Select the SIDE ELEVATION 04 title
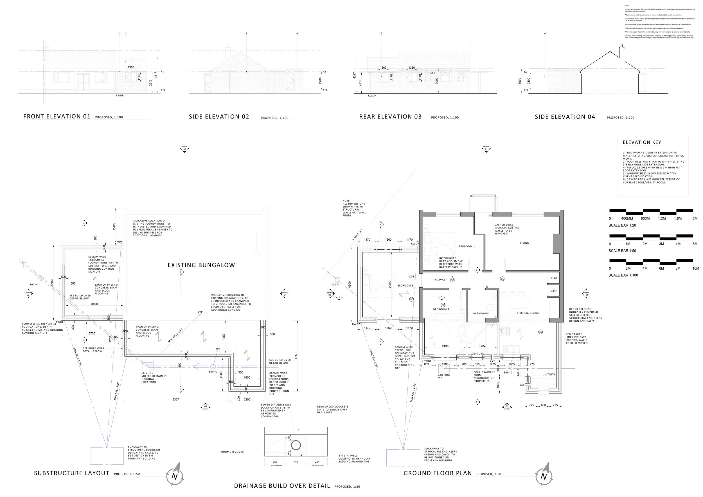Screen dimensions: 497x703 tap(565, 117)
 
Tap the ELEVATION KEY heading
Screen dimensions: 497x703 tap(642, 142)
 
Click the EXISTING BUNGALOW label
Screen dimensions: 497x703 tap(201, 265)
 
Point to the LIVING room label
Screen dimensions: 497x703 tap(524, 243)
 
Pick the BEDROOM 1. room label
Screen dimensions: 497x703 tap(467, 246)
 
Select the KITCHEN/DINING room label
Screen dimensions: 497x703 tap(528, 313)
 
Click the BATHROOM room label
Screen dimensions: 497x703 tap(481, 314)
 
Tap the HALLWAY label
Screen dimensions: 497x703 tap(438, 280)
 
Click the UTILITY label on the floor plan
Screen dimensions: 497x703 tap(550, 374)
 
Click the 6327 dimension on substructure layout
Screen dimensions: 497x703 tap(175, 400)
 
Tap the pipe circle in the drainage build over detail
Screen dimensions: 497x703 tap(296, 445)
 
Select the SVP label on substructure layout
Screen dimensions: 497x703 tap(200, 312)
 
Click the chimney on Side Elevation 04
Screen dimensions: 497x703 tap(621, 51)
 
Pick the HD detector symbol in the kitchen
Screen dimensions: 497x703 tap(540, 332)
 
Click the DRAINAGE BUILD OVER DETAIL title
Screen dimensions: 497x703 tap(282, 486)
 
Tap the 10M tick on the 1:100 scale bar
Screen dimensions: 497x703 tap(695, 268)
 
